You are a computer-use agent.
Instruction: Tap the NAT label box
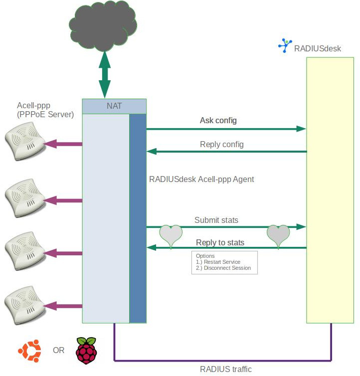[114, 106]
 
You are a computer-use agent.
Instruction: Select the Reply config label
[221, 145]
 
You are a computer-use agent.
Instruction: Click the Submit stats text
[216, 220]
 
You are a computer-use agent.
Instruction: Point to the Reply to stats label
[220, 242]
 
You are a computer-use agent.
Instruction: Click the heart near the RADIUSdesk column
[278, 235]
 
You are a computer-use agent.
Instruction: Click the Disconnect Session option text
[223, 268]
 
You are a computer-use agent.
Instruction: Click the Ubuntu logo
[29, 350]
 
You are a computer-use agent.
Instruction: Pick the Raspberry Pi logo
[86, 350]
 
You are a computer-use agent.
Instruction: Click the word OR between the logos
[58, 351]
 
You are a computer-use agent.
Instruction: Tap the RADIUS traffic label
[226, 370]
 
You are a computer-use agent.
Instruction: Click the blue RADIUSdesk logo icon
[285, 46]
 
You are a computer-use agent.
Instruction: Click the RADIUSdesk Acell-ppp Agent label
[201, 179]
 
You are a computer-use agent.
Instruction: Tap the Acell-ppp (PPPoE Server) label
[45, 110]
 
